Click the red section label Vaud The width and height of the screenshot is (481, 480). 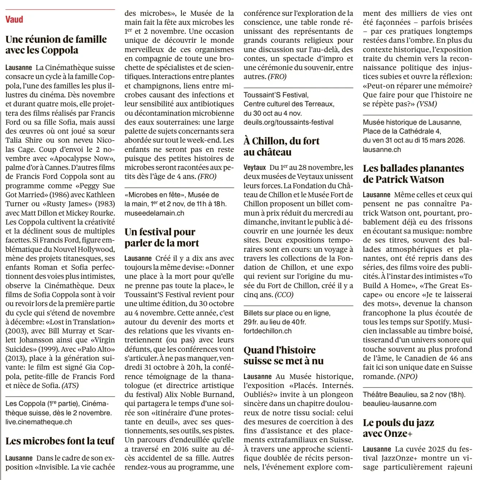coord(14,19)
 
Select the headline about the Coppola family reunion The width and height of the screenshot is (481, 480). coord(56,45)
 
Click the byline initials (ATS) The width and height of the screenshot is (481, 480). coord(70,386)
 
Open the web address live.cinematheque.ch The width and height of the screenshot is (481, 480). coord(39,422)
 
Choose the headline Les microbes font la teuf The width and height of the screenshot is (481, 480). coord(60,441)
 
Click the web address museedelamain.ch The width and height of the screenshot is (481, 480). coord(154,213)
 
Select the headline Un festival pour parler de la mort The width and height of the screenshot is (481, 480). coord(161,237)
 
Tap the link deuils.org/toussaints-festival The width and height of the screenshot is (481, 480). coord(288,122)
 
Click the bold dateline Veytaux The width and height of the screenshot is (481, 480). coord(255,167)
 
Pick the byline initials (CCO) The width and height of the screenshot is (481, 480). coord(284,295)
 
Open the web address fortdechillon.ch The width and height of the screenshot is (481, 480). coord(268,331)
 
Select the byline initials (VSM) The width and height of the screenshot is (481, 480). coord(427,104)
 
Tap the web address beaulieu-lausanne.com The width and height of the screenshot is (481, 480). coord(399,403)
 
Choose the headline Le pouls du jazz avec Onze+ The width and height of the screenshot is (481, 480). coord(398,428)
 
